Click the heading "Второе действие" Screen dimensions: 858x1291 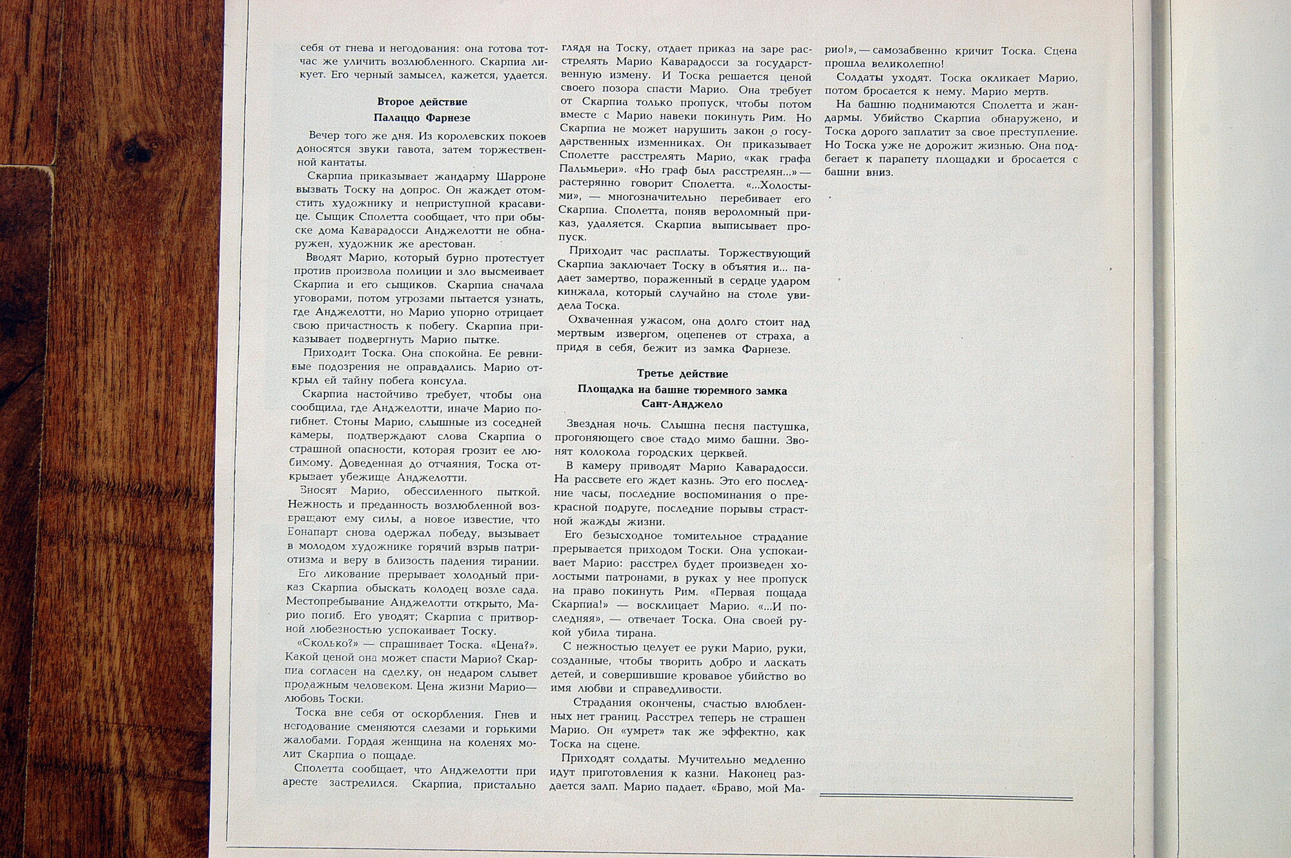[x=422, y=102]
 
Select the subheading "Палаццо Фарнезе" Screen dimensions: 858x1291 [x=422, y=118]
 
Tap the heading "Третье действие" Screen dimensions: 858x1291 [x=682, y=374]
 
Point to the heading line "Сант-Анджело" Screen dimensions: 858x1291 [x=682, y=404]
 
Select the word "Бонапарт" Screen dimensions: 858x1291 [x=313, y=534]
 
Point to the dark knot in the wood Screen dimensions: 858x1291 [x=136, y=152]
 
